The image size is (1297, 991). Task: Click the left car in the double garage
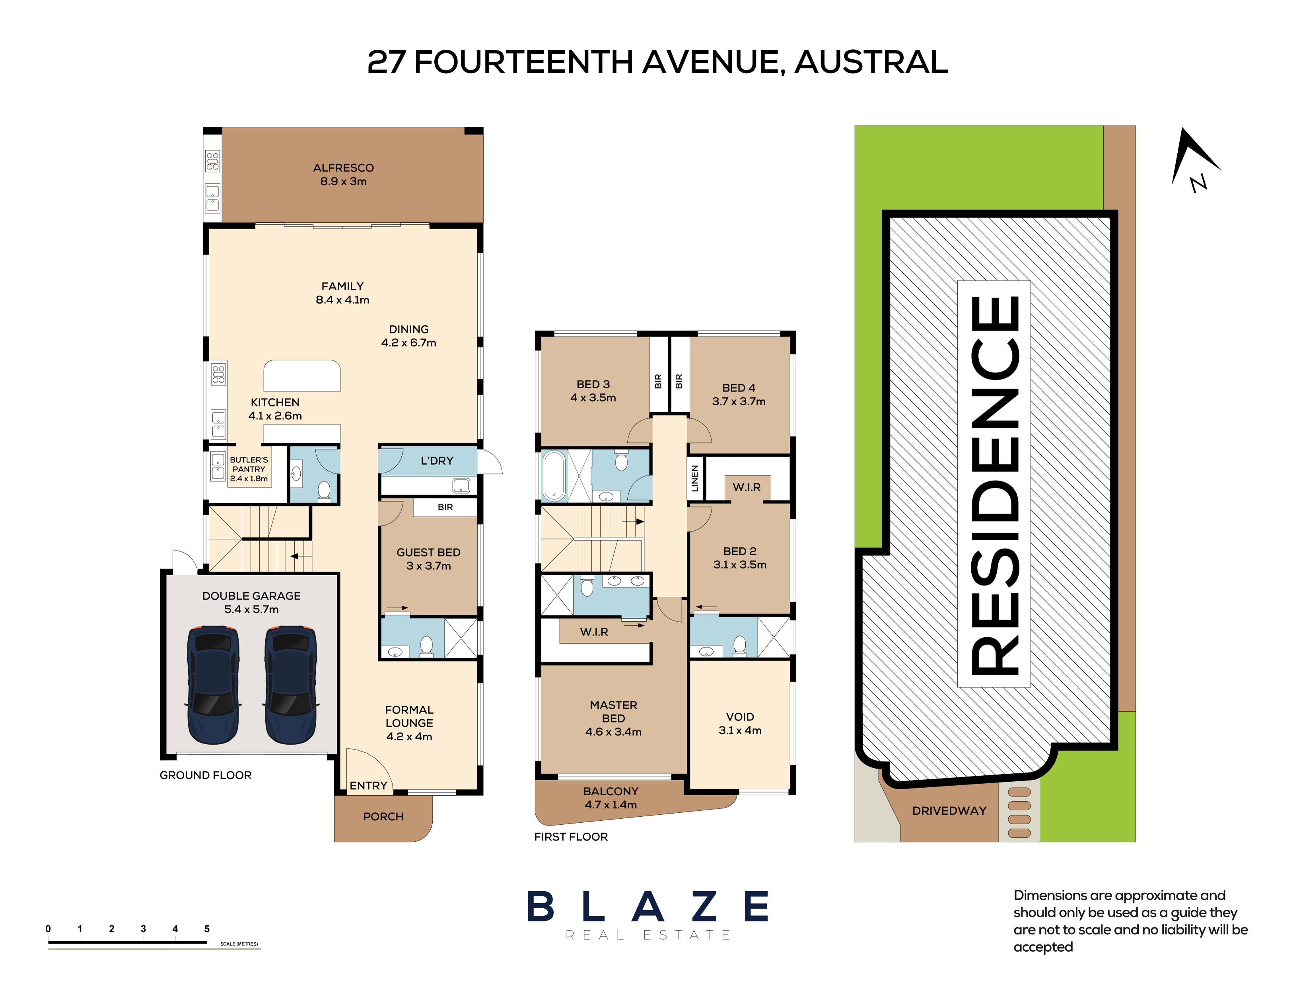(213, 685)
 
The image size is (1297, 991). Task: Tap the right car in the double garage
(290, 685)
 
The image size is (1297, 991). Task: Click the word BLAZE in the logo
(648, 907)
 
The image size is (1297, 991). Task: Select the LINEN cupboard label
(695, 479)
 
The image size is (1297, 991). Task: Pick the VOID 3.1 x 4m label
(740, 724)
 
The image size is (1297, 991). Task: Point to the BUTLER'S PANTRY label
(249, 464)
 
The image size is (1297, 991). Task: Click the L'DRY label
(437, 461)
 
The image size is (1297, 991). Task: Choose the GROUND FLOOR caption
(205, 775)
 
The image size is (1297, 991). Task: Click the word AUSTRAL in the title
(871, 62)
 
